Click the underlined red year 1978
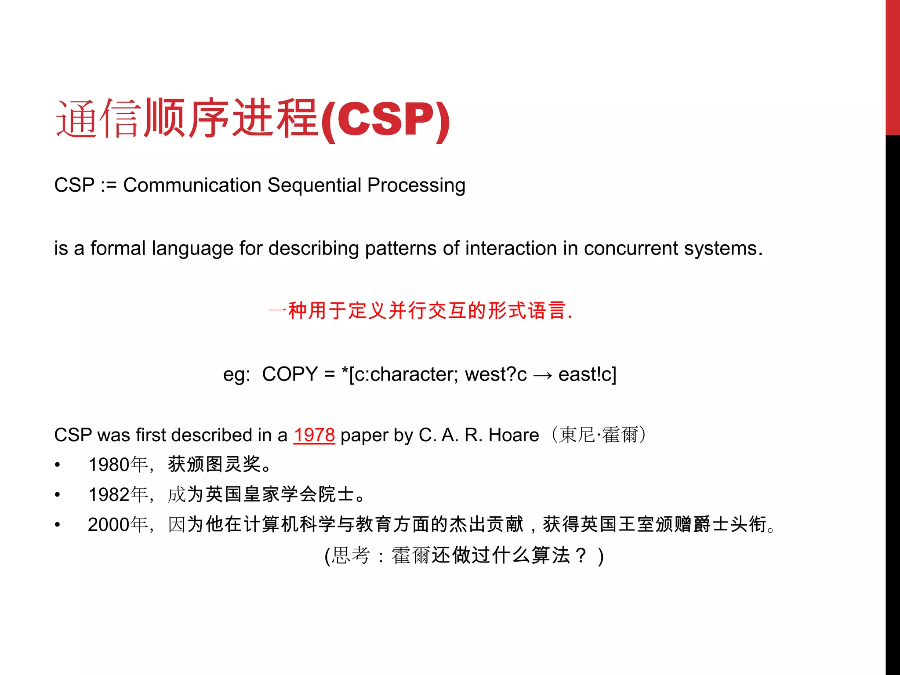coord(314,435)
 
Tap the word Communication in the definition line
coord(192,185)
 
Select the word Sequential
coord(314,185)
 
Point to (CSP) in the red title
coord(385,120)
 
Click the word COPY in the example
coord(290,374)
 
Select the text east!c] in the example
coord(587,374)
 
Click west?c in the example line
coord(496,374)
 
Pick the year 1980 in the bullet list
coord(109,465)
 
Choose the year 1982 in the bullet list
coord(109,495)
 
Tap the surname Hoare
coord(514,435)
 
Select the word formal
coord(118,249)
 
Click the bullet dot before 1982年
coord(58,495)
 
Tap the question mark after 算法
coord(581,555)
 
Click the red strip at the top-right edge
coord(893,66)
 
